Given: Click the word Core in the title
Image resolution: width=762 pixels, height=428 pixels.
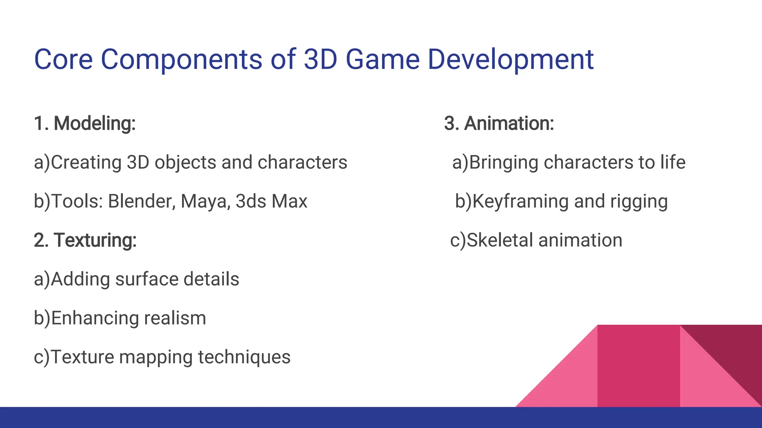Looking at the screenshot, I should (x=63, y=59).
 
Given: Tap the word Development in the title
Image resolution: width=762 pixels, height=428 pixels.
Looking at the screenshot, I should (x=510, y=59).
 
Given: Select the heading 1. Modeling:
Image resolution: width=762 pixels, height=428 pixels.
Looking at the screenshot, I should (x=84, y=123).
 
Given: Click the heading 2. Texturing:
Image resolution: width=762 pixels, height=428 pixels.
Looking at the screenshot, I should (x=85, y=240).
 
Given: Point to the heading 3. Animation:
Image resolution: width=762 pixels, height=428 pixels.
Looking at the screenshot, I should (x=499, y=123).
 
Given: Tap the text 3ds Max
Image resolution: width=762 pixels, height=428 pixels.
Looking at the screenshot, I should (x=271, y=201).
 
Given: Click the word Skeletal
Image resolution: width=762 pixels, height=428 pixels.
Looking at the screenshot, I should (x=500, y=240).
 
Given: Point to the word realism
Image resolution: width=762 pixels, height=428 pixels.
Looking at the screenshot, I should (x=175, y=318).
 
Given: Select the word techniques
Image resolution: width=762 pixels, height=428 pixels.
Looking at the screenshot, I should (x=244, y=357).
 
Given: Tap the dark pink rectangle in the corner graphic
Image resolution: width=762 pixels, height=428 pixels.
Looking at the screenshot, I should (x=638, y=366).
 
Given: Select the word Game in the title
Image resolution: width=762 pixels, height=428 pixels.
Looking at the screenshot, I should (x=382, y=59).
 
